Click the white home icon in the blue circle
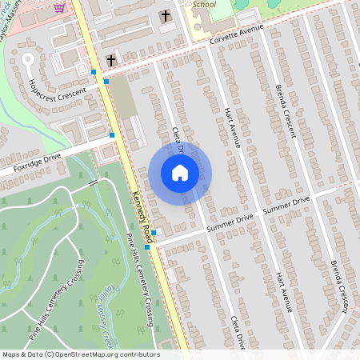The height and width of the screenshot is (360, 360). [x=180, y=172]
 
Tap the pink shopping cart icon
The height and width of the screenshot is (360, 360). [x=59, y=7]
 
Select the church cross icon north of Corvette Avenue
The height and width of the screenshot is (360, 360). [x=166, y=16]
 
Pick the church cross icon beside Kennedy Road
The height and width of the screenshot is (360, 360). [x=111, y=61]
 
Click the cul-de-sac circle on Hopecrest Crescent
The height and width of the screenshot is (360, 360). [x=29, y=58]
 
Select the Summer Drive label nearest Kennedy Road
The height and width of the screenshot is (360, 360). [x=230, y=225]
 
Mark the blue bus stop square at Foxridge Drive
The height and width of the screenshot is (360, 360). [x=112, y=135]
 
